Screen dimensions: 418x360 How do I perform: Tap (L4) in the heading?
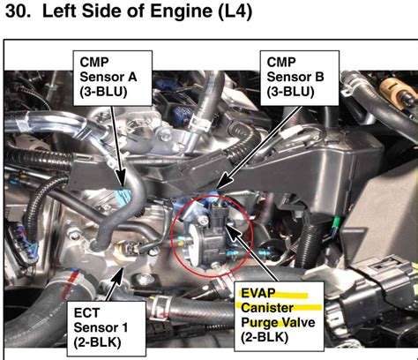pyautogui.click(x=235, y=11)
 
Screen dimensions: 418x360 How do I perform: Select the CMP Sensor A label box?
pyautogui.click(x=113, y=79)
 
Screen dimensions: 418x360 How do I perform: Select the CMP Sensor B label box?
pyautogui.click(x=300, y=79)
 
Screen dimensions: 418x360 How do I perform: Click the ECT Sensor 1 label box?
pyautogui.click(x=107, y=329)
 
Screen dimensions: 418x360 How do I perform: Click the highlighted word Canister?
pyautogui.click(x=267, y=308)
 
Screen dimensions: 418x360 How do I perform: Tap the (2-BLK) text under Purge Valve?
pyautogui.click(x=265, y=337)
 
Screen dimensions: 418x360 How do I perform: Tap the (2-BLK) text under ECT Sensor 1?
pyautogui.click(x=97, y=342)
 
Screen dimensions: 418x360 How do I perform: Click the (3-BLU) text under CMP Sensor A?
pyautogui.click(x=103, y=92)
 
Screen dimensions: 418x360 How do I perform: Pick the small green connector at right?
pyautogui.click(x=336, y=223)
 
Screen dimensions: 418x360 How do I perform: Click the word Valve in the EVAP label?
pyautogui.click(x=299, y=323)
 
